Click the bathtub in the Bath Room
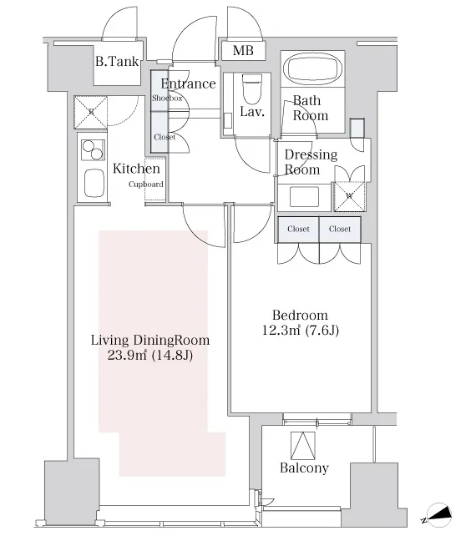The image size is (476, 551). point(313,68)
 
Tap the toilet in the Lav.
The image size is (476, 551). point(252,88)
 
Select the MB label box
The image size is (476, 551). point(243,51)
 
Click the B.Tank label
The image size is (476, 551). point(117,62)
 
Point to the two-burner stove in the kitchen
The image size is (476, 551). point(93,150)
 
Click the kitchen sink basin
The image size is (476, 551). point(94,183)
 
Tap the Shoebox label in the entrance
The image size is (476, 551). point(167,98)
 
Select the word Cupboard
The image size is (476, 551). point(145,185)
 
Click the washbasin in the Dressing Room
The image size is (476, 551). point(304,197)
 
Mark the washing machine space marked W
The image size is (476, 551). point(349,196)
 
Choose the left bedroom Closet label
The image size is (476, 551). point(298,229)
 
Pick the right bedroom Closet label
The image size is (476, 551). point(340,229)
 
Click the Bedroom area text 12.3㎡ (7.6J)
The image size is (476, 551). point(301,331)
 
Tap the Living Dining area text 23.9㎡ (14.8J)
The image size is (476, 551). point(150,356)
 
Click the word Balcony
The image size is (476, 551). point(304,468)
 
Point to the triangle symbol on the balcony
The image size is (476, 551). point(303,445)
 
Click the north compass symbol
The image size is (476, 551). point(438,515)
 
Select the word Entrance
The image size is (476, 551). point(188,83)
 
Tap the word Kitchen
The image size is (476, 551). point(136,169)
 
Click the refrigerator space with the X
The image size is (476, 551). point(91,113)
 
